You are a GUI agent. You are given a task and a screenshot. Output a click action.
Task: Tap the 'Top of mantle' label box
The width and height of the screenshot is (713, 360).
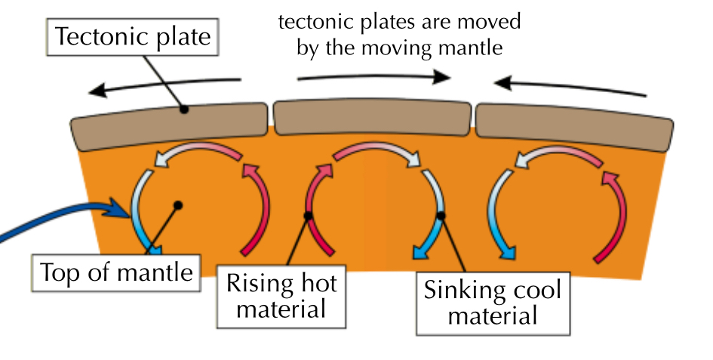point(115,272)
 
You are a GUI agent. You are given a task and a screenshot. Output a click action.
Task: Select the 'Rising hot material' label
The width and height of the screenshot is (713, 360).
point(281,296)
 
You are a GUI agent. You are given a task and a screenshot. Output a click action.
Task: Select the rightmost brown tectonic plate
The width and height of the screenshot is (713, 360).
point(573,123)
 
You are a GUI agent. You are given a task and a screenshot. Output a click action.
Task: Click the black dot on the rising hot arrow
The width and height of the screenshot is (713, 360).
point(308,217)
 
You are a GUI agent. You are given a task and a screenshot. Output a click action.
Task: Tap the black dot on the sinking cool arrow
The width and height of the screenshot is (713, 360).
point(441,217)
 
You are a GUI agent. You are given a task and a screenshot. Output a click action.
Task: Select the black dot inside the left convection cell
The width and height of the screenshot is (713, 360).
point(178,205)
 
